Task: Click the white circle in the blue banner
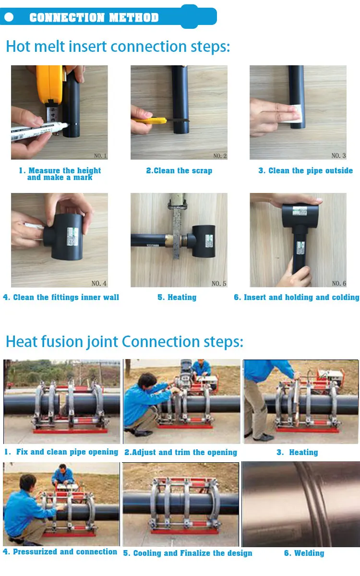click(x=9, y=17)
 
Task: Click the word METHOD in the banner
click(x=134, y=17)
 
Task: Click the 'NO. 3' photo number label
click(x=338, y=156)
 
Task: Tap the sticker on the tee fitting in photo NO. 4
click(x=72, y=236)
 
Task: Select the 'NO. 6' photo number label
click(x=339, y=283)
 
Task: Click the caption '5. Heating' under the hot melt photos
click(x=177, y=297)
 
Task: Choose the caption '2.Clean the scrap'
click(x=179, y=170)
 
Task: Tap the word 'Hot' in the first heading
click(x=18, y=47)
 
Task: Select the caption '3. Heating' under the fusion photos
click(x=297, y=452)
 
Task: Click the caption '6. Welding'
click(x=304, y=553)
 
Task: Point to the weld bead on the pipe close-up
click(x=312, y=504)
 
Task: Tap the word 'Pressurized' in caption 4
click(x=35, y=552)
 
